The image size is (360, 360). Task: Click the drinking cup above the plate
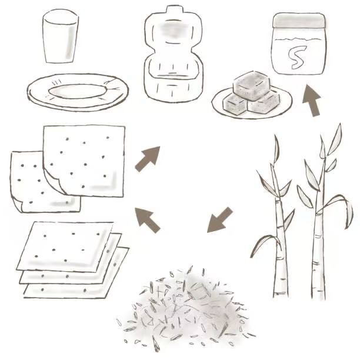click(61, 36)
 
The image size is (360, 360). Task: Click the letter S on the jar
click(297, 57)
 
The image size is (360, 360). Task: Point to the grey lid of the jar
click(299, 20)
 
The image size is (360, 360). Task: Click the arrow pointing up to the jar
click(312, 101)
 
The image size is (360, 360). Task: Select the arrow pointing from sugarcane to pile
click(219, 220)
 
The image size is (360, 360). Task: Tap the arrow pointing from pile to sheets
click(147, 220)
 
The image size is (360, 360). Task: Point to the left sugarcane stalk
click(279, 229)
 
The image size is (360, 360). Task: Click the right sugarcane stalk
click(320, 229)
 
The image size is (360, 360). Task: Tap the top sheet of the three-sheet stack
click(64, 247)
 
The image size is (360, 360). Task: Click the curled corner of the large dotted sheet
click(54, 181)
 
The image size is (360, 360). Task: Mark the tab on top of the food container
click(174, 9)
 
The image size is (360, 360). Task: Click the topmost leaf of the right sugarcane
click(335, 139)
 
